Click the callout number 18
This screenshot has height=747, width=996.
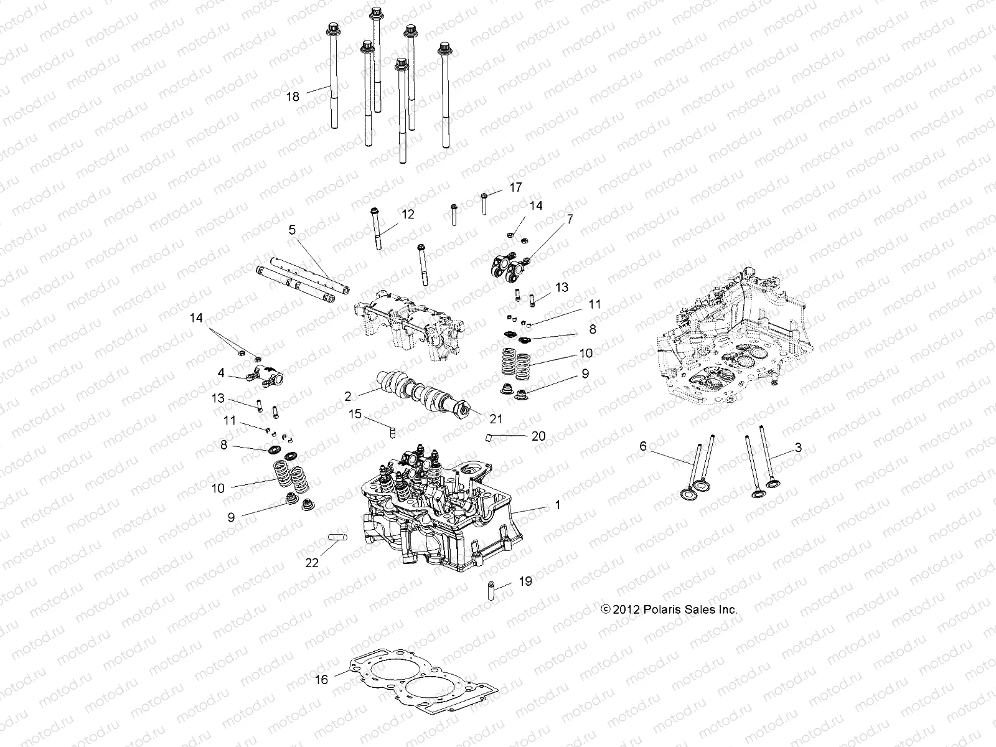point(293,96)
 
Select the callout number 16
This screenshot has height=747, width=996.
point(321,680)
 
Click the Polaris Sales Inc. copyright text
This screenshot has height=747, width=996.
point(669,609)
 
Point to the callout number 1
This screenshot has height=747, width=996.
point(558,505)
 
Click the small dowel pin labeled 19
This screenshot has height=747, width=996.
point(491,588)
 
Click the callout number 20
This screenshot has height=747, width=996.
point(538,436)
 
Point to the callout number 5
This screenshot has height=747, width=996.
point(292,230)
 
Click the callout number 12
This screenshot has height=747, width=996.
point(407,214)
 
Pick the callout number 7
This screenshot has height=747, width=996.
point(569,218)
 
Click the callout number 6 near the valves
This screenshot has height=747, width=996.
point(643,446)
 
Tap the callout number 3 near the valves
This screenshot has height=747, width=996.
point(798,447)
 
